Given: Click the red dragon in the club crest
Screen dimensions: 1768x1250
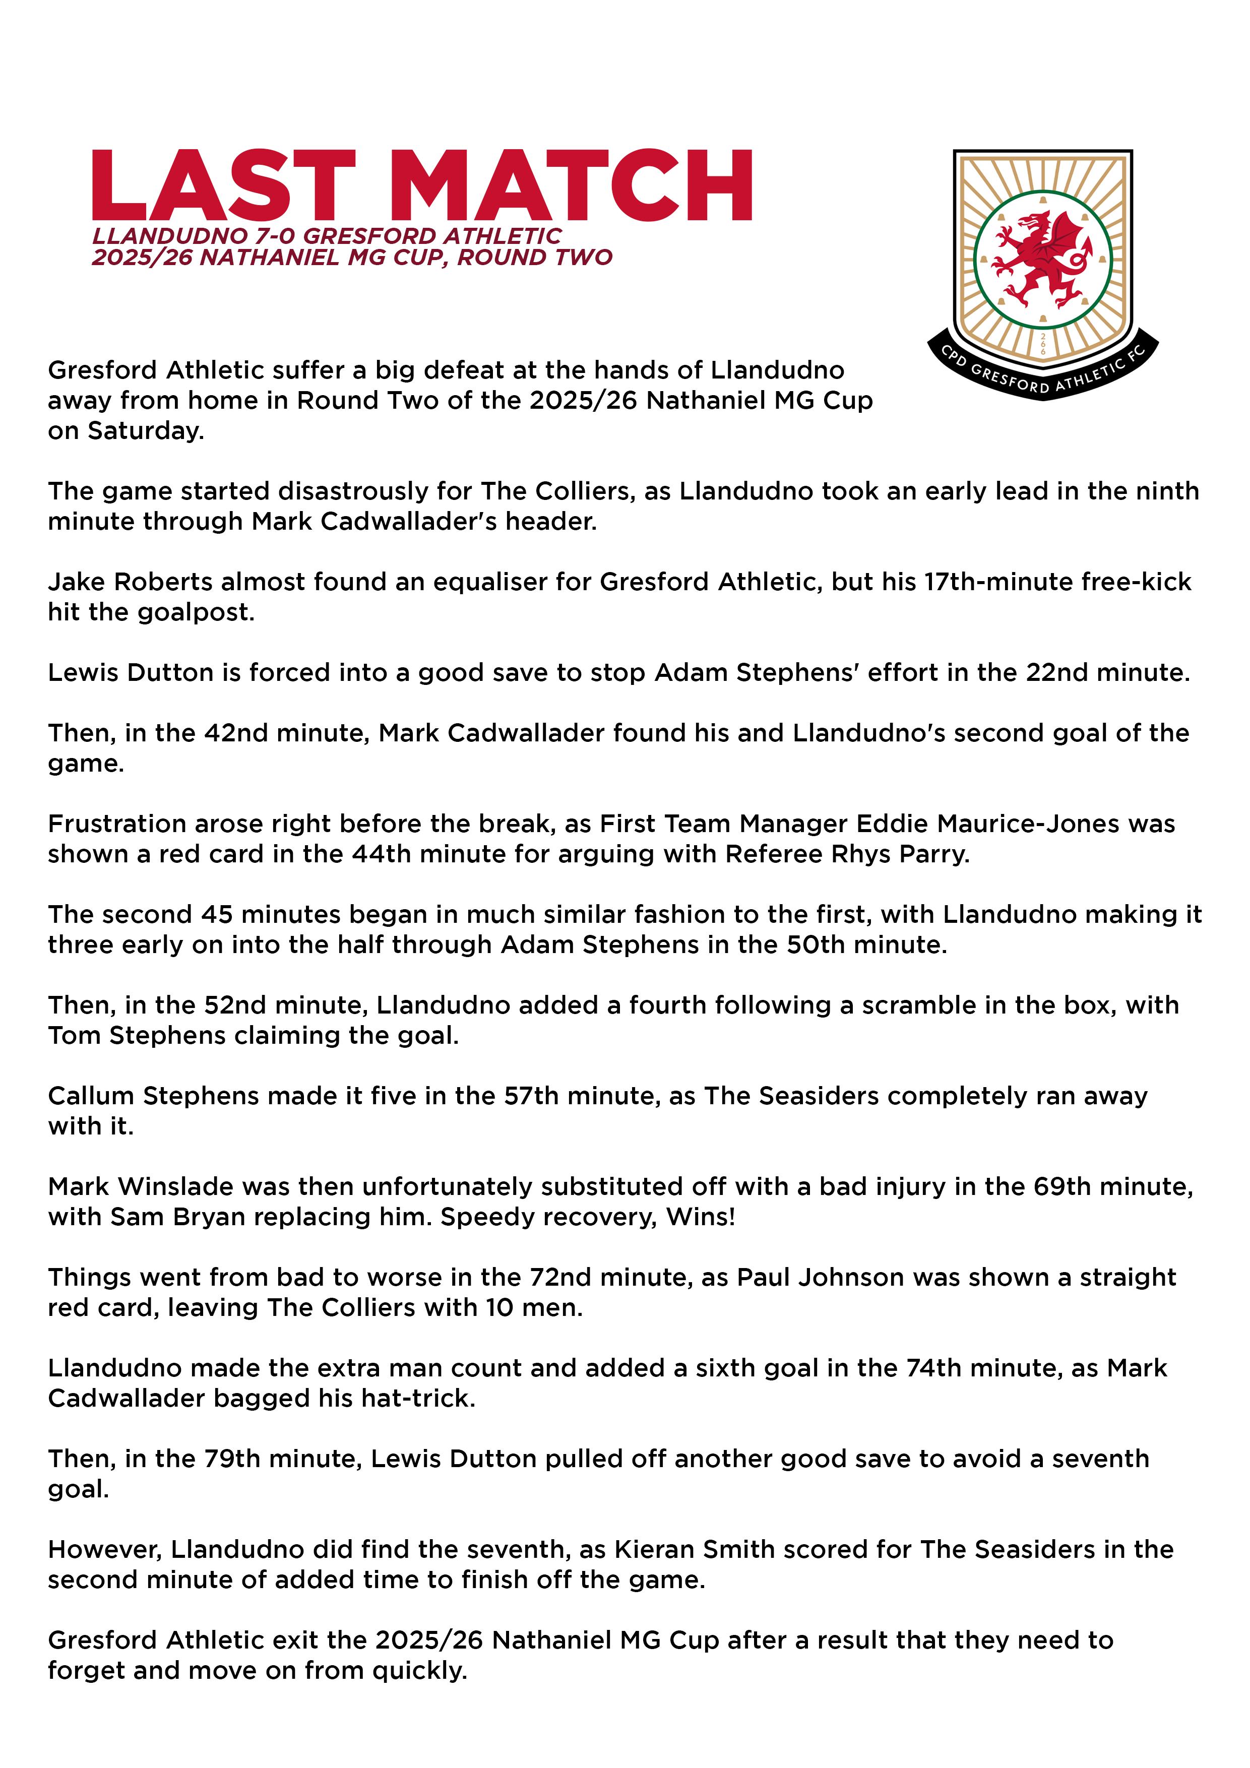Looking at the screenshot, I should (x=1042, y=258).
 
